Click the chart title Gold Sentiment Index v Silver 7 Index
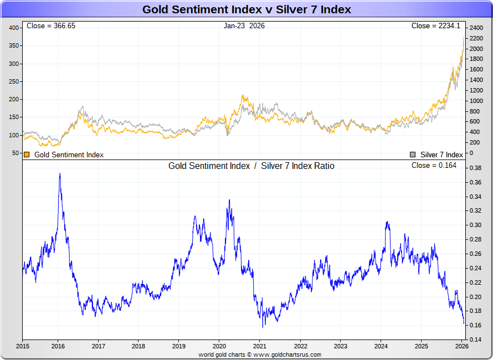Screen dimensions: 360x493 247,9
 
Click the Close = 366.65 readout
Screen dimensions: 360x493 51,26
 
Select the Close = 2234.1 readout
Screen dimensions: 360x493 435,26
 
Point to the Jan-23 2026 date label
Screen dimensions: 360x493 244,26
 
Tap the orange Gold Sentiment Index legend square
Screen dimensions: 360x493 27,155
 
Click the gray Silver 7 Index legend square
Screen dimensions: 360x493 412,155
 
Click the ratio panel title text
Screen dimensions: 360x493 251,166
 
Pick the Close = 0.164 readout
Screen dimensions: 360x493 434,166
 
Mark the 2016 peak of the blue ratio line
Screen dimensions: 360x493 60,174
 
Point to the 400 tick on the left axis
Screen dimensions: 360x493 14,28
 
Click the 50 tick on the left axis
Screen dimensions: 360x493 16,153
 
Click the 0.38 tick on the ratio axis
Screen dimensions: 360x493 475,168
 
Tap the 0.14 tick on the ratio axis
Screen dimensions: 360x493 475,340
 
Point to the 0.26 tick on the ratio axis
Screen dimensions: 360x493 475,254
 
